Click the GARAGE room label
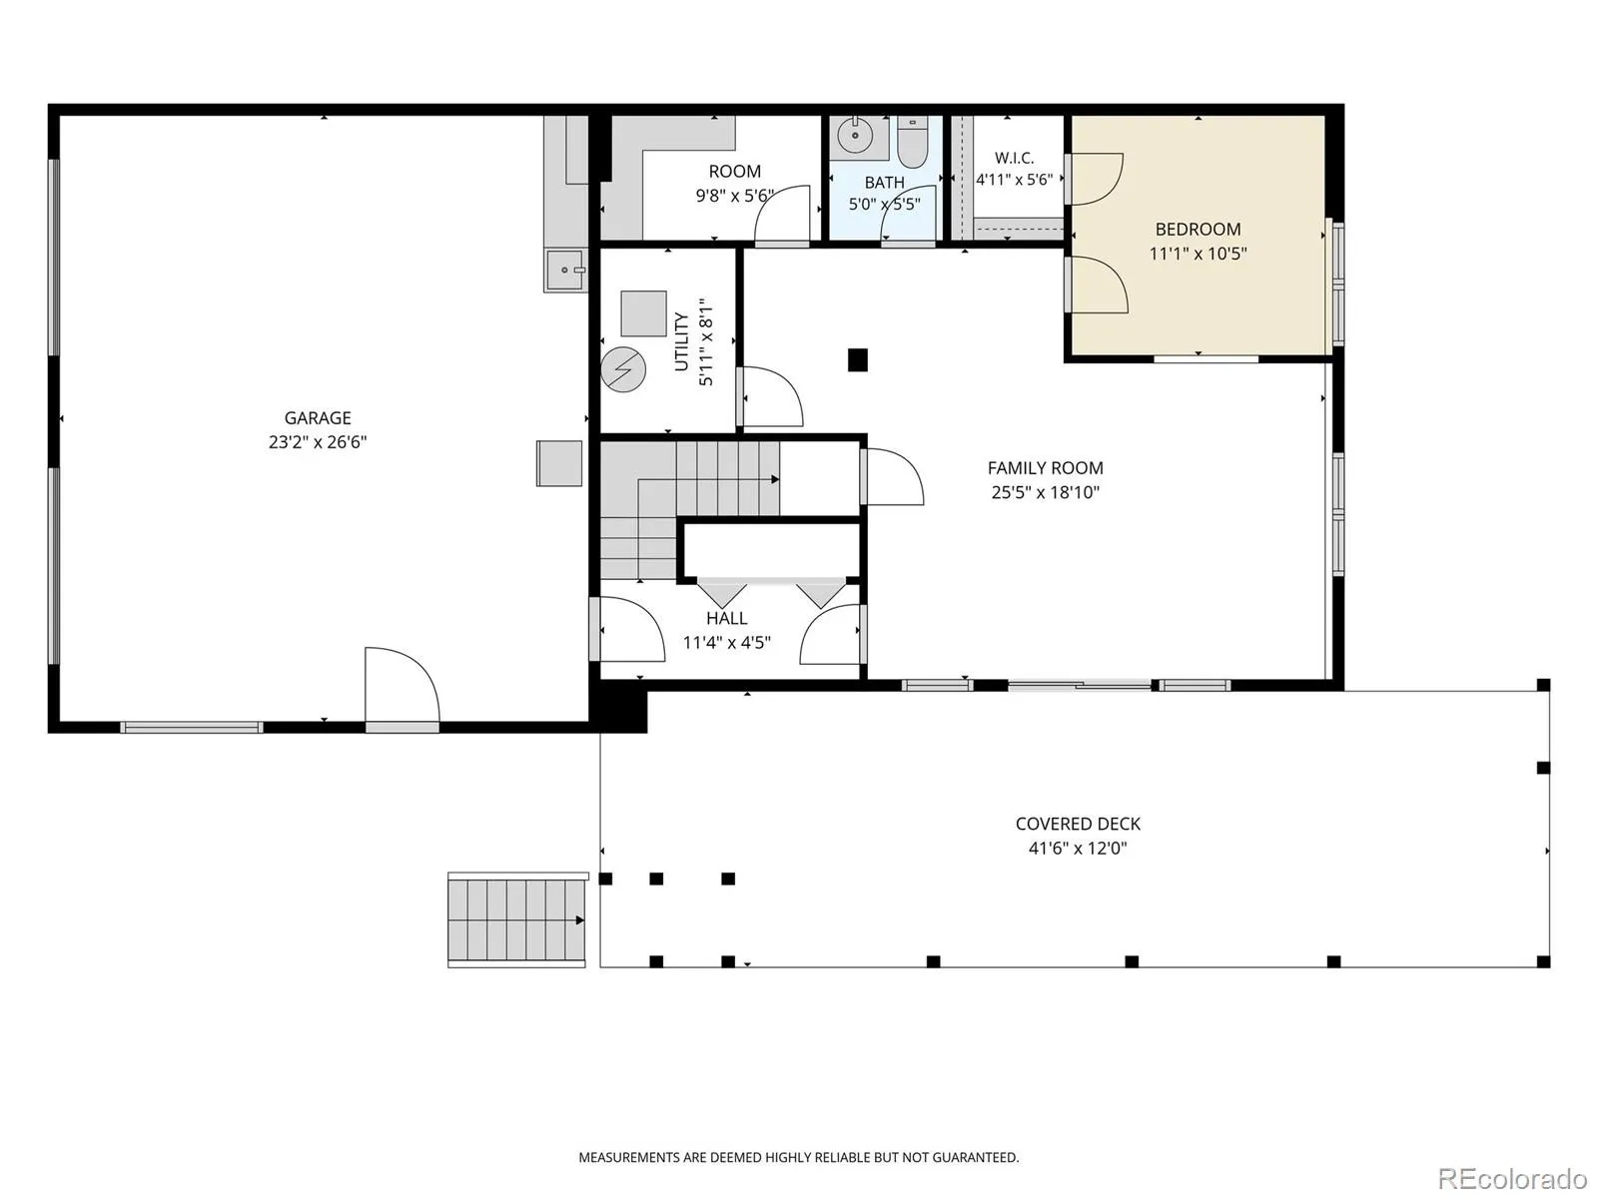(318, 417)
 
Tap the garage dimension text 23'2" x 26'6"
(318, 442)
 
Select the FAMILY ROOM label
(1045, 467)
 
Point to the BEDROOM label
(1198, 230)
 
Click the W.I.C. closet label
(1014, 158)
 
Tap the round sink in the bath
(853, 135)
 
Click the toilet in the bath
(911, 143)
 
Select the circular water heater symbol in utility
(623, 370)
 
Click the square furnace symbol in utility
(643, 313)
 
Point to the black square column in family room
(858, 360)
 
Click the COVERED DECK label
(1078, 824)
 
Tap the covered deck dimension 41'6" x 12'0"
(1078, 849)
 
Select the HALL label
(726, 618)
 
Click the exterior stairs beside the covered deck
(517, 919)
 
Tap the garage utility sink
(565, 270)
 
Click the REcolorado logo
(1513, 1178)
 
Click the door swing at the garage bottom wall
(402, 685)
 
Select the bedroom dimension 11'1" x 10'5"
(1198, 254)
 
